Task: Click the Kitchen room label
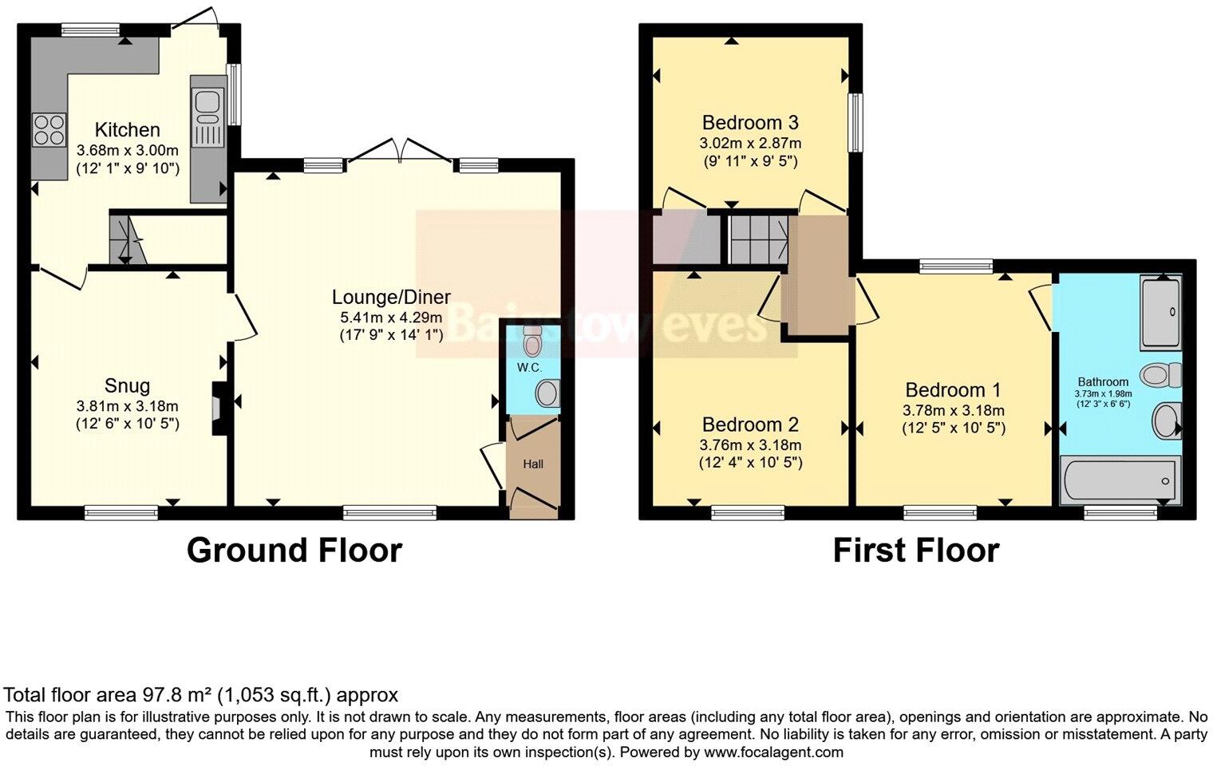[x=127, y=129]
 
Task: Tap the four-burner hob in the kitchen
[x=49, y=129]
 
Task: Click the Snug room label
[x=127, y=386]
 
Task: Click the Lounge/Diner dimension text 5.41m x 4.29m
[x=391, y=317]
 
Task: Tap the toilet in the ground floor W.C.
[x=532, y=342]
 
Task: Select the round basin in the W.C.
[x=547, y=393]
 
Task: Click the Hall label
[x=533, y=464]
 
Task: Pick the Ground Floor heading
[x=294, y=551]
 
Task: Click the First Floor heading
[x=915, y=551]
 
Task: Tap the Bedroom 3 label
[x=750, y=123]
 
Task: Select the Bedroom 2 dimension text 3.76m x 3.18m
[x=750, y=444]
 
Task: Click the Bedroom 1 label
[x=953, y=390]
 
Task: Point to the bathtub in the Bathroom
[x=1118, y=480]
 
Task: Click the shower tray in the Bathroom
[x=1161, y=313]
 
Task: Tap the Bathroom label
[x=1103, y=381]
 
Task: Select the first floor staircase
[x=758, y=238]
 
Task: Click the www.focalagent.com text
[x=773, y=752]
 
